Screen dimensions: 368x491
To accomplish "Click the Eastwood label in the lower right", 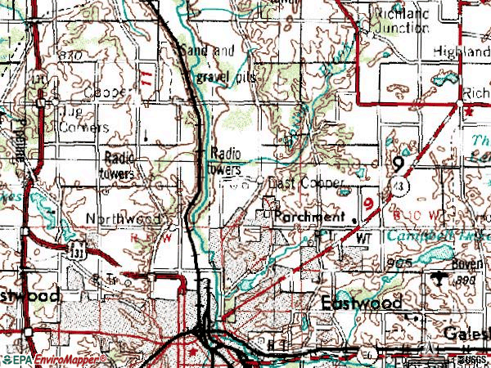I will [360, 303].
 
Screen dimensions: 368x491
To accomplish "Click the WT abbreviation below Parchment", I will [364, 236].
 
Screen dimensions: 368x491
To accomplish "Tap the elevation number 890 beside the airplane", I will [465, 280].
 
